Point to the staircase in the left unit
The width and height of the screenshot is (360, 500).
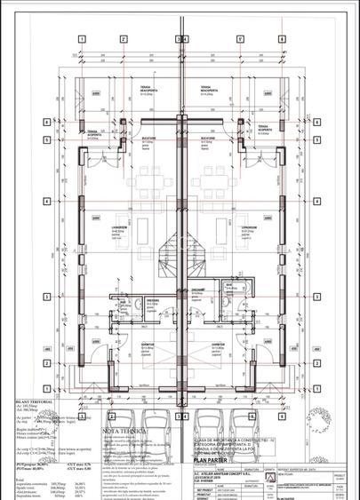pyautogui.click(x=167, y=253)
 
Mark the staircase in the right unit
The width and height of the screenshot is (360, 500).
pyautogui.click(x=197, y=253)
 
